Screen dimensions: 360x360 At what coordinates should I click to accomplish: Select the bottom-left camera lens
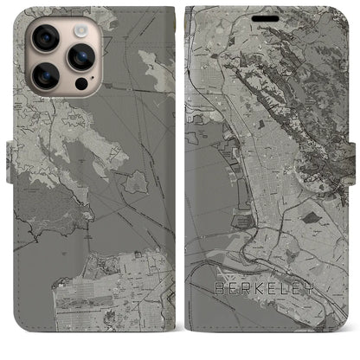click(x=44, y=76)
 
